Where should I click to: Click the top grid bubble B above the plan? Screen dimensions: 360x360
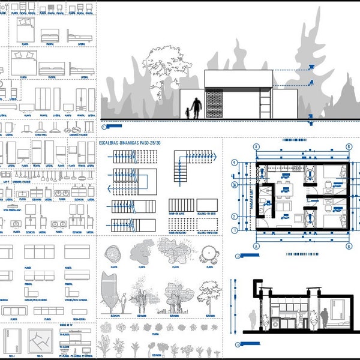pos(349,146)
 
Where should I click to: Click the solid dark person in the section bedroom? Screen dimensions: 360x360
pos(325,318)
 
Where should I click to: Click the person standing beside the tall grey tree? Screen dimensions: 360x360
pos(123,303)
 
